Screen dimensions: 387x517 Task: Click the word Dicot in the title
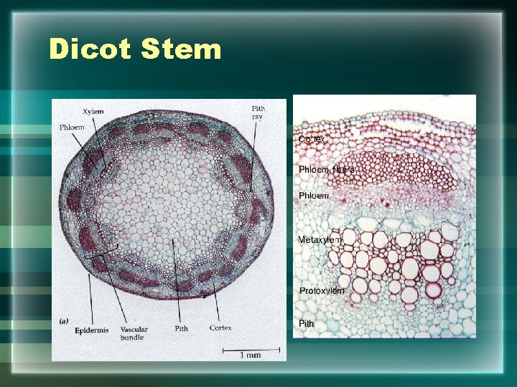(90, 49)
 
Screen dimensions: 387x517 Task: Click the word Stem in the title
(182, 49)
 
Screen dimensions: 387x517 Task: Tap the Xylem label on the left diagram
(93, 112)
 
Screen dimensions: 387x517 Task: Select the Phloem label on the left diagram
(72, 128)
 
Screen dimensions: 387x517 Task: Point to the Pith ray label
(258, 113)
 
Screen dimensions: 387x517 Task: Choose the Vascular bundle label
(134, 333)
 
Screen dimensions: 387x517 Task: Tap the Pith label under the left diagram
(181, 328)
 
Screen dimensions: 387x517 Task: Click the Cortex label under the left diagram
(220, 328)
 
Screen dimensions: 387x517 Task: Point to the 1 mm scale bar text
(249, 355)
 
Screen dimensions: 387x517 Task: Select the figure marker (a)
(64, 321)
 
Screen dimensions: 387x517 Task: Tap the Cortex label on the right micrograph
(312, 138)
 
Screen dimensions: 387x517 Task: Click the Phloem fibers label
(326, 170)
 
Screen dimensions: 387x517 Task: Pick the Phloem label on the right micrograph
(314, 195)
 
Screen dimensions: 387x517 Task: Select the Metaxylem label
(320, 239)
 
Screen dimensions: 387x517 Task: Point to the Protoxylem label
(322, 290)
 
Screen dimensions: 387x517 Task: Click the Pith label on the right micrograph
(307, 323)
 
